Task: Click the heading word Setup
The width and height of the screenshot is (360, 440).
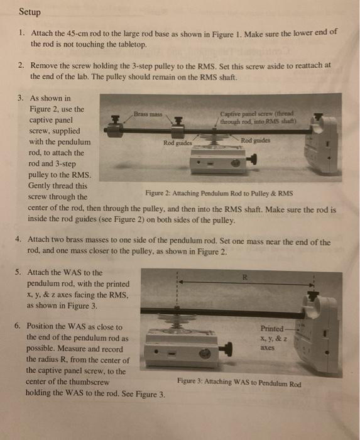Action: pyautogui.click(x=30, y=11)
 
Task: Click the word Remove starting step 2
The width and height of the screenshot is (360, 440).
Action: pyautogui.click(x=45, y=65)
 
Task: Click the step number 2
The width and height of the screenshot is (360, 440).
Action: pyautogui.click(x=21, y=65)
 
